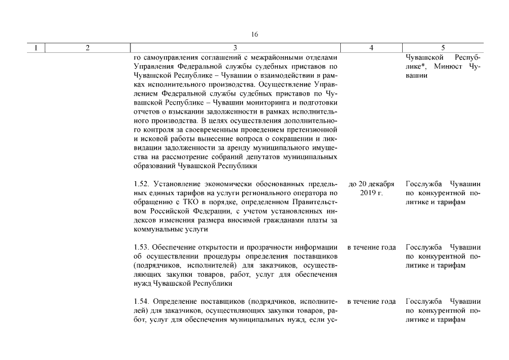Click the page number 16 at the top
tap(254, 34)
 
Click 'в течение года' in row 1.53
tap(371, 247)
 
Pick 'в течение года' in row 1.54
tap(371, 301)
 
